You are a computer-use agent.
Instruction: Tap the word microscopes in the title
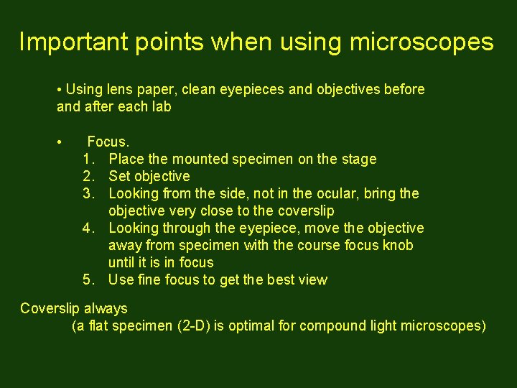[x=421, y=42]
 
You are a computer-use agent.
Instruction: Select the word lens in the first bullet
[x=119, y=90]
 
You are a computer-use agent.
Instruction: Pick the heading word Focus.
[x=108, y=142]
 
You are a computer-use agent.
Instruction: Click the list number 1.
[x=88, y=159]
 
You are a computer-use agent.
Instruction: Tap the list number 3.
[x=88, y=193]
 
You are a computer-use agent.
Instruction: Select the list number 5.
[x=88, y=280]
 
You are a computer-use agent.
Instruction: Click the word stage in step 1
[x=359, y=159]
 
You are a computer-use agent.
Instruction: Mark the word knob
[x=399, y=245]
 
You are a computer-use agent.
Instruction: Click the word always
[x=106, y=309]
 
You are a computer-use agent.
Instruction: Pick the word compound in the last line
[x=332, y=325]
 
